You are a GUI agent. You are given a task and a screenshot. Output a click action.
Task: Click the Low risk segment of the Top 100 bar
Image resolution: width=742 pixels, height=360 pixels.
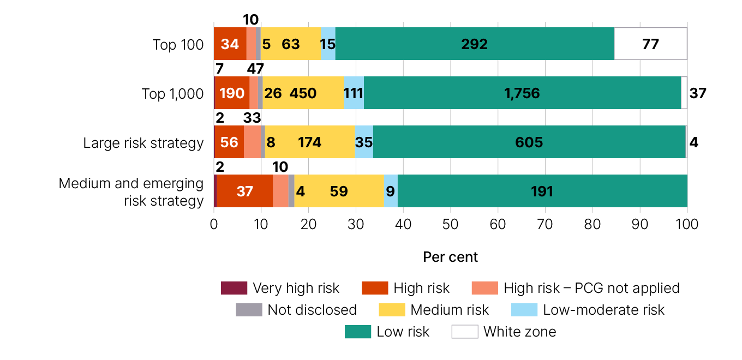click(x=475, y=44)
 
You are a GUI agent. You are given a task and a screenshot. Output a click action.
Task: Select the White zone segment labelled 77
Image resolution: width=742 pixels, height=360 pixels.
click(x=650, y=44)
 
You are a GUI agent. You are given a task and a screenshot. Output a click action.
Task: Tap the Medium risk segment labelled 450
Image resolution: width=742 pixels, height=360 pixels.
click(x=303, y=93)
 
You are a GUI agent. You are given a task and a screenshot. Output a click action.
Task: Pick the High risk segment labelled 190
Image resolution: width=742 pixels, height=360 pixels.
click(x=232, y=93)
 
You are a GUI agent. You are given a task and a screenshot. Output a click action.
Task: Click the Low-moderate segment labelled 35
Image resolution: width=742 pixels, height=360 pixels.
click(x=364, y=142)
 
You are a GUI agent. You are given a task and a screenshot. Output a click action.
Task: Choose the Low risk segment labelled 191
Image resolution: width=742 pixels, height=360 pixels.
click(x=542, y=191)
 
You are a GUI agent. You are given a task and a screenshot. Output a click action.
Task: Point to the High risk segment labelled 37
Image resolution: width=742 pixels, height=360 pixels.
click(x=245, y=191)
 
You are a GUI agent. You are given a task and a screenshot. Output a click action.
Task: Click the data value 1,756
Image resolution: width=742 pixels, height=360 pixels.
click(x=522, y=93)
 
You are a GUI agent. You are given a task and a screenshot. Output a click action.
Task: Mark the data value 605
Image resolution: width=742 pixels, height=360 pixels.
click(x=529, y=142)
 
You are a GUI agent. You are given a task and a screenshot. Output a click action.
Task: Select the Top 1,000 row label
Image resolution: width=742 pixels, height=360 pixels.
click(x=172, y=94)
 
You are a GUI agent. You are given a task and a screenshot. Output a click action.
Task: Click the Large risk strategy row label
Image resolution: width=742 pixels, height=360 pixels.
click(x=143, y=143)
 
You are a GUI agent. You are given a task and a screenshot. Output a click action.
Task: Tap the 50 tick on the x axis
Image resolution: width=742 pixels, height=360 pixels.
click(x=451, y=224)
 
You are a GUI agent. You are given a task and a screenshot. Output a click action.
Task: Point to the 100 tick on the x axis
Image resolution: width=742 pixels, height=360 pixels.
click(x=687, y=224)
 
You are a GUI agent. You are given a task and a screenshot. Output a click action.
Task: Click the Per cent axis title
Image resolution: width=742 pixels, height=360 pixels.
click(x=451, y=256)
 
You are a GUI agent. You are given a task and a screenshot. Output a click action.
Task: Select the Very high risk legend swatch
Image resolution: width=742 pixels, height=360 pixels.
click(x=234, y=288)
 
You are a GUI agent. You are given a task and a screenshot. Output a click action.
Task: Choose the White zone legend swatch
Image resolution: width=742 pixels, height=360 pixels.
click(x=465, y=332)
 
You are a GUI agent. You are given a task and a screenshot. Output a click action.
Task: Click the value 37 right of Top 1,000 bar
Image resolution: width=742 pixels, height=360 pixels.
click(x=698, y=93)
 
